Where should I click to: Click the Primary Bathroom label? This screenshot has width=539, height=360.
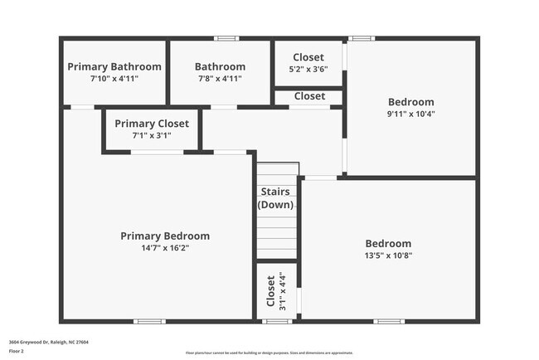pos(114,66)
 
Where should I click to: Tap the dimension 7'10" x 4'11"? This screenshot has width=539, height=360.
pos(114,78)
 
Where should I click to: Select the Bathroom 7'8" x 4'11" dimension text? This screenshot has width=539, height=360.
pos(220,78)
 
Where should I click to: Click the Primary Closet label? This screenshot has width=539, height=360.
pos(152,124)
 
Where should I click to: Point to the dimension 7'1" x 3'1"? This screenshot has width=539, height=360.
pos(152,135)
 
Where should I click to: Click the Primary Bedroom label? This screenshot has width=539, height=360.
pos(165,236)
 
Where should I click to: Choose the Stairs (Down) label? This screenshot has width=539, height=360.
pos(275,198)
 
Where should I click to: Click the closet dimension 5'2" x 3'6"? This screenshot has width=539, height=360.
pos(308,69)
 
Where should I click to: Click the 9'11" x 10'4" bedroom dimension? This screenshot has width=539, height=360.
pos(410,114)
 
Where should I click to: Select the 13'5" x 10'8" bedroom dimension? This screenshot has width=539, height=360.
pos(388,255)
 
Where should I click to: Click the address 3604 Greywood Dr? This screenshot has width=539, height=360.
pos(49,342)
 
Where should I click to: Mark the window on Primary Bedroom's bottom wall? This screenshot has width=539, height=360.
pos(150,321)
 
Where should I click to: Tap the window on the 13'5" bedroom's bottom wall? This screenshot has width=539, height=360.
pos(389,321)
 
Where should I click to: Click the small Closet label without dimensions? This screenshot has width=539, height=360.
pos(309,96)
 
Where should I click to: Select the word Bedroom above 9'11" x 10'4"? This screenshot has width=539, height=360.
pos(410,102)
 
